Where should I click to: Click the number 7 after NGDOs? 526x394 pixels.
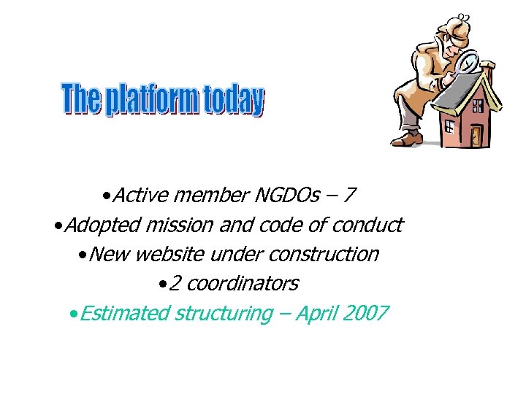point(350,196)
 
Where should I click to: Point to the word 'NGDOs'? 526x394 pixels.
point(286,196)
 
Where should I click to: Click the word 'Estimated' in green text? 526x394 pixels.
point(124,314)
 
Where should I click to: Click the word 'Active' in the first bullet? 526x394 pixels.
point(141,196)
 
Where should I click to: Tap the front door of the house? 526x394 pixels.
point(476,134)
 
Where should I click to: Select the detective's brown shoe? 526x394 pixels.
point(411,137)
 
